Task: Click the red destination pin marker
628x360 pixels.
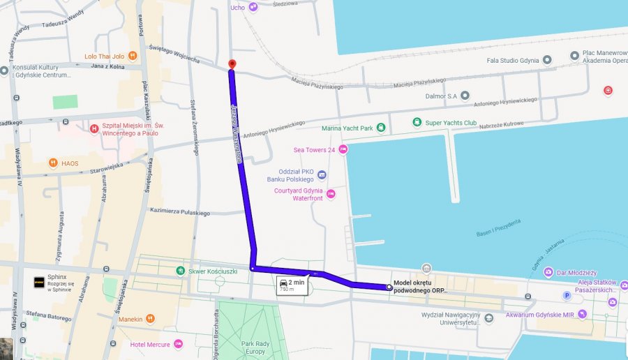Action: tap(232, 64)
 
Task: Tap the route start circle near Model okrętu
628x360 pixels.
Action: tap(389, 287)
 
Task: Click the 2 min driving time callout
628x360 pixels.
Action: tap(291, 285)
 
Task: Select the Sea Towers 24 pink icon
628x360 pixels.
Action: tap(343, 149)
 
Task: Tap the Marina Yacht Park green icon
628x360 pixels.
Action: tap(381, 128)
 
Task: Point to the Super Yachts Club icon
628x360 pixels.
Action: tap(417, 123)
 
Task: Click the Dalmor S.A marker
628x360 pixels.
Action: tap(465, 95)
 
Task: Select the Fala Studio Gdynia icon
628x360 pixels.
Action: tap(548, 60)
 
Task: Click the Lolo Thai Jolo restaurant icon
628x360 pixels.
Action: tap(132, 56)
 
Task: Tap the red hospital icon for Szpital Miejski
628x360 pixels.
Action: tap(94, 128)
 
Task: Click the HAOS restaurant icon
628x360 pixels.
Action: tap(53, 163)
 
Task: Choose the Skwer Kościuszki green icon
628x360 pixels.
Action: tap(181, 270)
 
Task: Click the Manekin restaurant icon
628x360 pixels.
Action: tap(151, 319)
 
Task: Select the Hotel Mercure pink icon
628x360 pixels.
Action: tap(178, 344)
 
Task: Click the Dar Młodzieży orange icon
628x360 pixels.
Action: tap(548, 273)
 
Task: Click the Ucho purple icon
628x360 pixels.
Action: tap(253, 7)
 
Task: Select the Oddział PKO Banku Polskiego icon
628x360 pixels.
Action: tap(322, 174)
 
